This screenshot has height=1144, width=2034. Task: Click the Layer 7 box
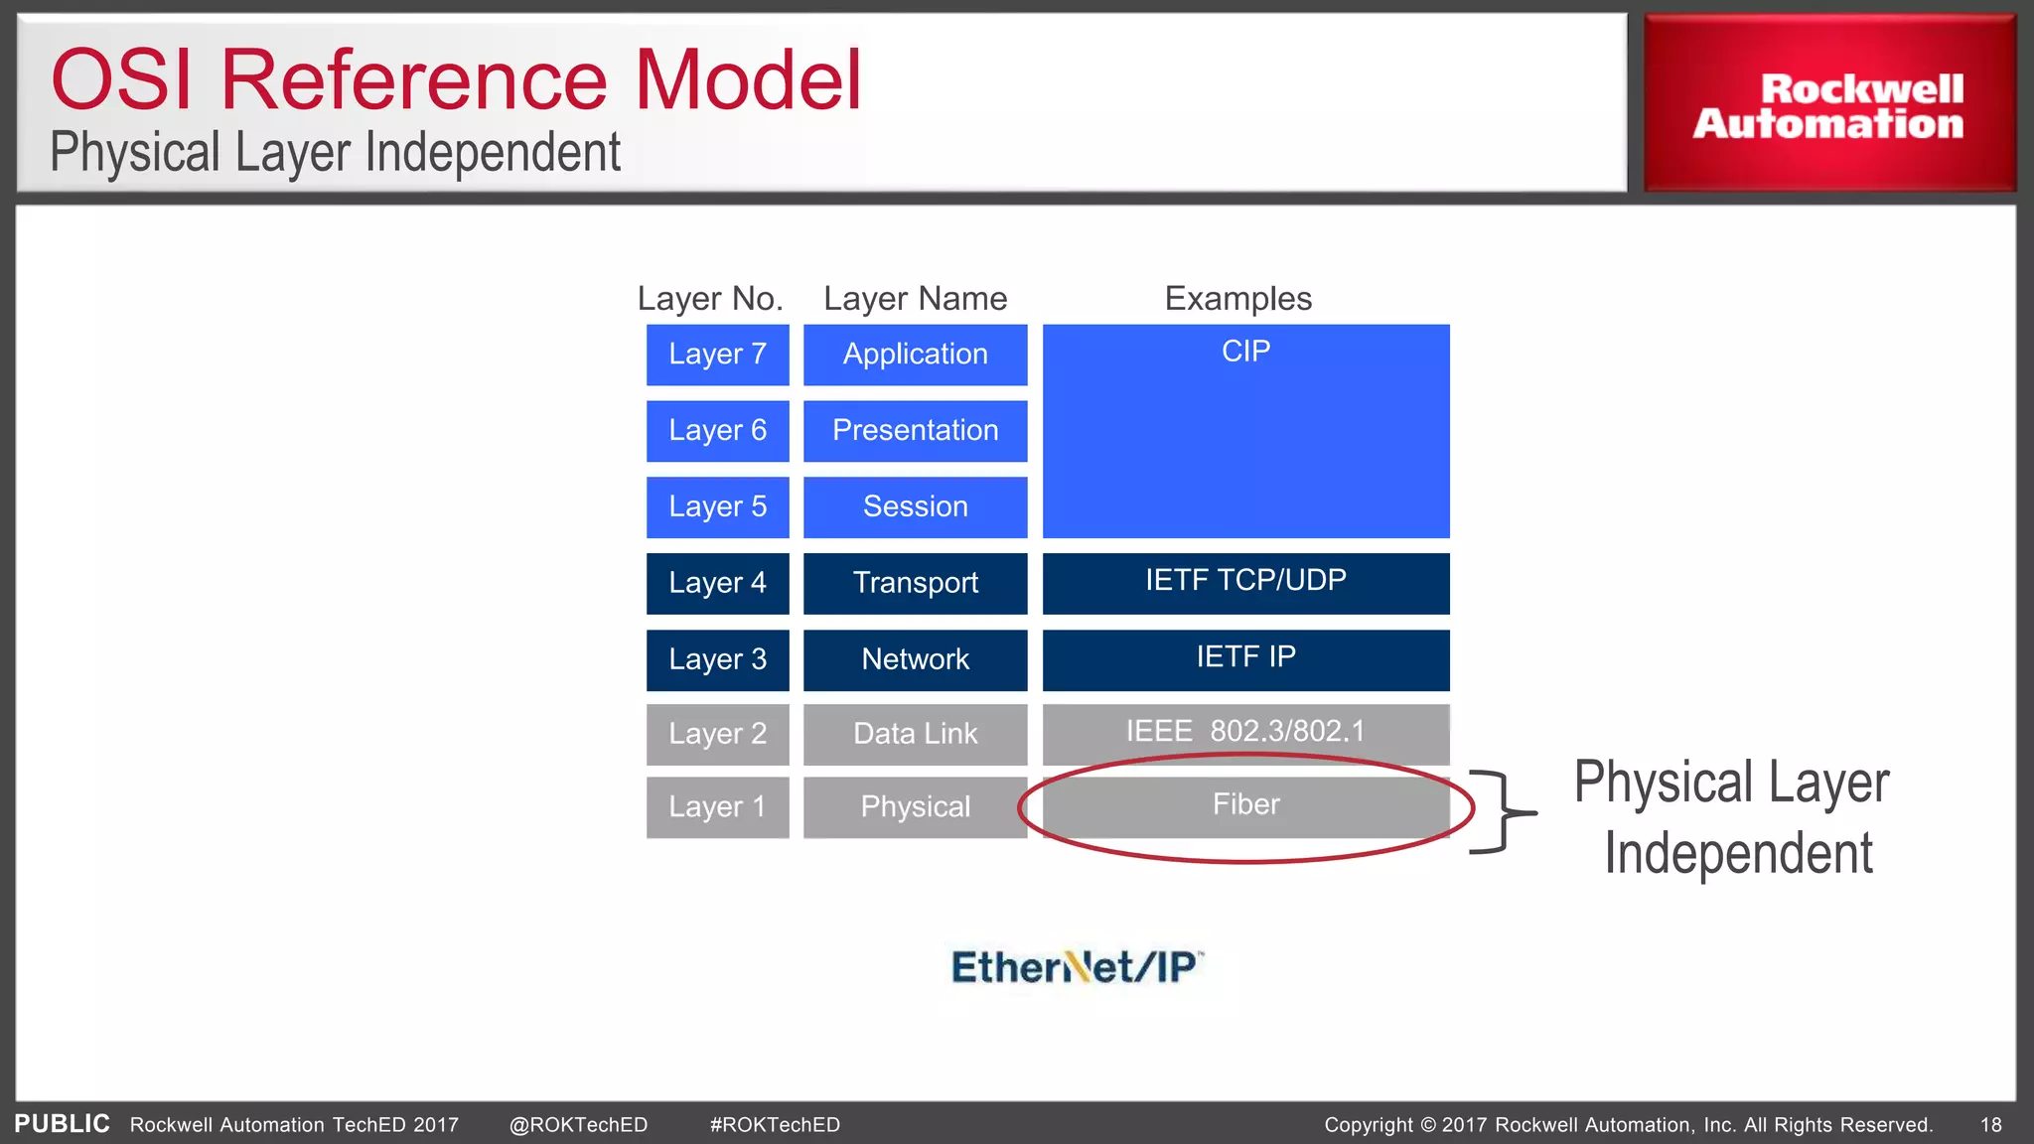(x=717, y=355)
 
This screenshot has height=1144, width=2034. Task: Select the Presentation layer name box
(x=915, y=431)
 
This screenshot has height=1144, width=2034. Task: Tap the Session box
(x=915, y=507)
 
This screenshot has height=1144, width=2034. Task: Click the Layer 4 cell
(x=717, y=583)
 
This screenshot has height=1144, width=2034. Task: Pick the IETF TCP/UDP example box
(x=1245, y=583)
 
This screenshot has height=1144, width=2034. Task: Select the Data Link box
(x=915, y=734)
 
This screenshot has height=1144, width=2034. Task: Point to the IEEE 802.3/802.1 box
(x=1245, y=733)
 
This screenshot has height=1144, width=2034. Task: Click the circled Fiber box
(x=1245, y=806)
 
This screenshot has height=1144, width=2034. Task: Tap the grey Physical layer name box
(x=915, y=807)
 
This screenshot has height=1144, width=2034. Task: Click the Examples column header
(x=1237, y=299)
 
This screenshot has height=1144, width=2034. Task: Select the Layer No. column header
(x=710, y=299)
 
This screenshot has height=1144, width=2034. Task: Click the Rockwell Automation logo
(x=1828, y=104)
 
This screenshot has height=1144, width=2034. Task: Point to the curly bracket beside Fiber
(x=1502, y=812)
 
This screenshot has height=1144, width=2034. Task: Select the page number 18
(x=1990, y=1125)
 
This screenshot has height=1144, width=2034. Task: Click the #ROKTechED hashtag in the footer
(x=775, y=1125)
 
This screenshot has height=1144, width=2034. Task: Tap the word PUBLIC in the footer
(x=62, y=1124)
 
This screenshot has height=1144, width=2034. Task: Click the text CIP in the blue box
(x=1245, y=352)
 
